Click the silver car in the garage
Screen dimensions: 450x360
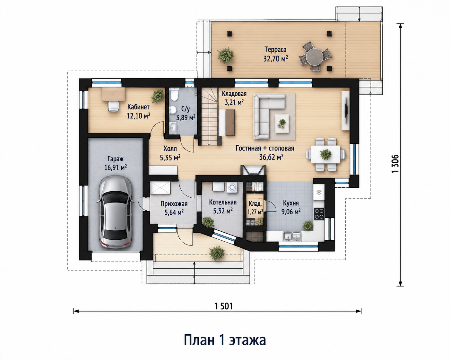tap(116, 212)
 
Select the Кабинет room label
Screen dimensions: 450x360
tap(138, 107)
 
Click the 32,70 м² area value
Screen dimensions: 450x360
tap(275, 59)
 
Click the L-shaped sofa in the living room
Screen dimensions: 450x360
tap(269, 116)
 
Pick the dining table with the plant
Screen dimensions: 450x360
tap(325, 155)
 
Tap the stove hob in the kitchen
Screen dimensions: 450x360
tap(319, 214)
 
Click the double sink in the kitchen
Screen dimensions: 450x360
tap(292, 236)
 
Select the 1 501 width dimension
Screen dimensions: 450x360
tap(223, 306)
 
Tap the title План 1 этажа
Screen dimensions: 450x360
tap(225, 340)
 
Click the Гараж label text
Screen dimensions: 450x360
tap(116, 159)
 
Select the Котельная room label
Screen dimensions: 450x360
tap(223, 202)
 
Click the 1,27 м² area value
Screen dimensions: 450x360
tap(255, 212)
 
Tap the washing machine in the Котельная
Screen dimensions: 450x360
tap(232, 187)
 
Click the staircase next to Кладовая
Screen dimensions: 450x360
tap(210, 116)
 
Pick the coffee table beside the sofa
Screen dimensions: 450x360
tap(282, 123)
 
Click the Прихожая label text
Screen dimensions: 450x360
tap(174, 204)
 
